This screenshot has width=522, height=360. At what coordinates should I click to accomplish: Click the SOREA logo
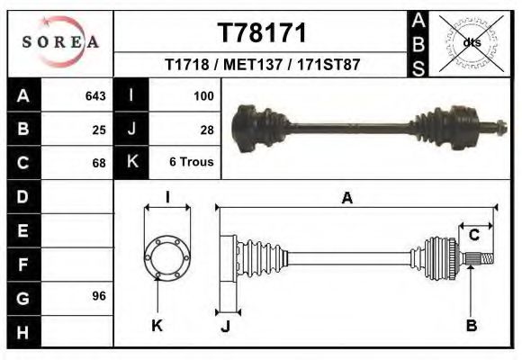pyautogui.click(x=61, y=42)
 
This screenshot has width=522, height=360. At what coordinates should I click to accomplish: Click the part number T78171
pyautogui.click(x=263, y=33)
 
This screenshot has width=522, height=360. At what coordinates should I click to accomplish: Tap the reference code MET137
pyautogui.click(x=250, y=66)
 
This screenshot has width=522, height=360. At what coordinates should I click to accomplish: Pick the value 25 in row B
pyautogui.click(x=99, y=130)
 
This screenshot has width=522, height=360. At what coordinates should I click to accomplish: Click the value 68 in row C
pyautogui.click(x=99, y=164)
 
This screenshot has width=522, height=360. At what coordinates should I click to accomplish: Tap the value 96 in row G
pyautogui.click(x=99, y=296)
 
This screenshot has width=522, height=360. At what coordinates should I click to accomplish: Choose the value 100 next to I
pyautogui.click(x=203, y=95)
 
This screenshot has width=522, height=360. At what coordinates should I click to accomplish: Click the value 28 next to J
pyautogui.click(x=206, y=130)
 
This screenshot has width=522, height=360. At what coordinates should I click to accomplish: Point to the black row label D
pyautogui.click(x=23, y=196)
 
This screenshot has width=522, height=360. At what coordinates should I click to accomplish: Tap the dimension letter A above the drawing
pyautogui.click(x=346, y=199)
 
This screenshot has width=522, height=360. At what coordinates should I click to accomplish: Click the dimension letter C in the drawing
pyautogui.click(x=473, y=235)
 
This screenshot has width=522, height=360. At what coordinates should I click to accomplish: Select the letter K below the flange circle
pyautogui.click(x=157, y=325)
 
